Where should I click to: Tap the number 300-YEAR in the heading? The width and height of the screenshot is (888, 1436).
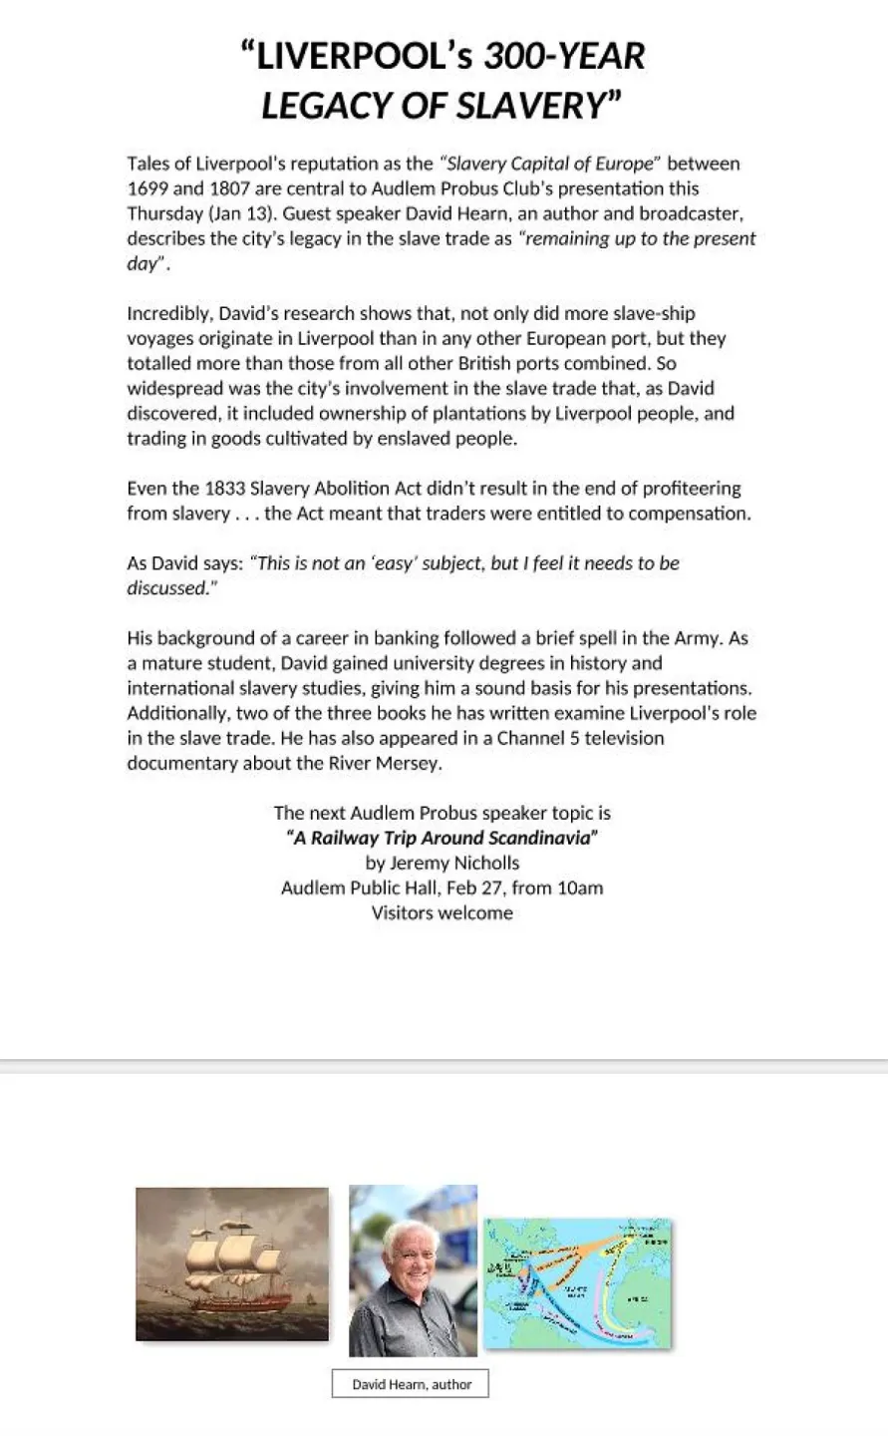click(x=564, y=57)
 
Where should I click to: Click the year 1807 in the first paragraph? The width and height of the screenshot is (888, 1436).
click(x=229, y=188)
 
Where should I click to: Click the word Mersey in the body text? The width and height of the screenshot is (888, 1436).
click(x=410, y=764)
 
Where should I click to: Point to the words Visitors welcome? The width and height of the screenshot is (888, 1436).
click(x=443, y=913)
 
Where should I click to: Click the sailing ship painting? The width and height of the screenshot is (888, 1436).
click(x=232, y=1263)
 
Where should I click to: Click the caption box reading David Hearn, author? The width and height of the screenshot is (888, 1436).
click(x=411, y=1384)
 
